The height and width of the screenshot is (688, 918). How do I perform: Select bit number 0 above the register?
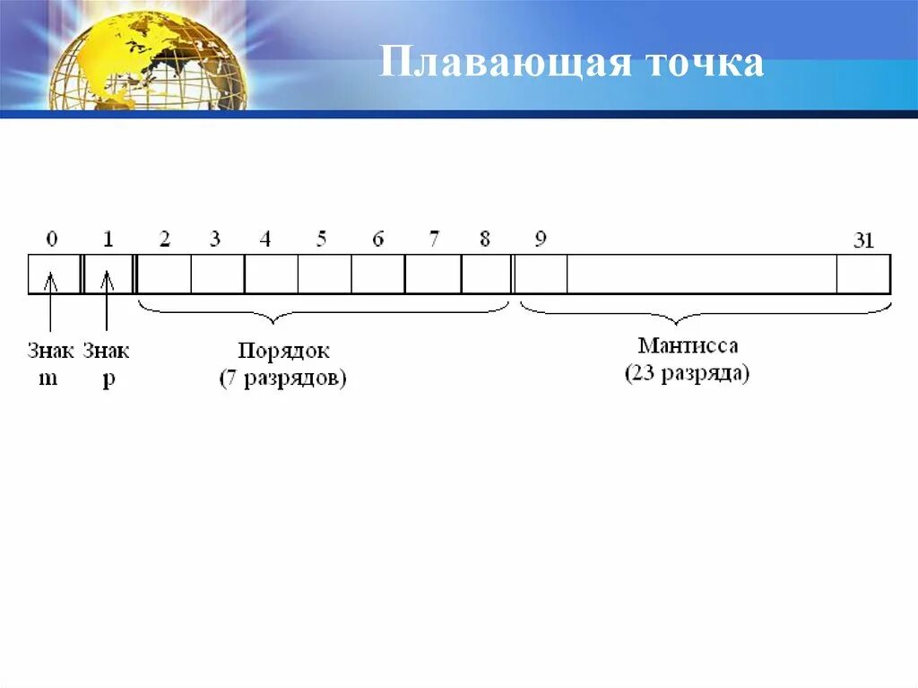52,239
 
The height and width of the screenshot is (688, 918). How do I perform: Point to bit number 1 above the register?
108,239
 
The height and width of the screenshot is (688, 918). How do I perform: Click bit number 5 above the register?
321,239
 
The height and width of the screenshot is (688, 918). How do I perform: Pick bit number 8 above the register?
485,239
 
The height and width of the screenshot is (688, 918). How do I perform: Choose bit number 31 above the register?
862,241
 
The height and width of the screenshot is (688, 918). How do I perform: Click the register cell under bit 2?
164,274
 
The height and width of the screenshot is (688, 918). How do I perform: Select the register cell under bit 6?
377,274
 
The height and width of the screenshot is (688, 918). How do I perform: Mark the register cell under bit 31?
863,274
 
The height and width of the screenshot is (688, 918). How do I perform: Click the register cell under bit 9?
541,274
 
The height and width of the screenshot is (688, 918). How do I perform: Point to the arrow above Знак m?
51,305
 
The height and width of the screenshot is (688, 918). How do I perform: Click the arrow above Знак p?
107,305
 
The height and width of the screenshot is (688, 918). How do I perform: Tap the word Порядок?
283,351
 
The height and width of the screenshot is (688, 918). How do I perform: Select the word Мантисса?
688,345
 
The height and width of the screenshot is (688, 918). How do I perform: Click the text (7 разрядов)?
283,378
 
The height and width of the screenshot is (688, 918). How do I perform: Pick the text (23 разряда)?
688,373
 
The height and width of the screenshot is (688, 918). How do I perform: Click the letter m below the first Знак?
48,378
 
